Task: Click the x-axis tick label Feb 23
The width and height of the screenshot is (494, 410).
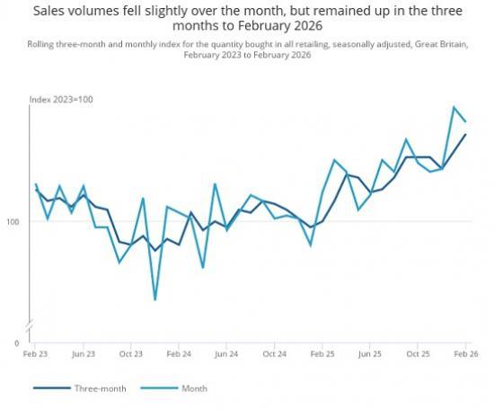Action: [36, 354]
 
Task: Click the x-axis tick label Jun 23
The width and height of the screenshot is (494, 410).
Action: [84, 354]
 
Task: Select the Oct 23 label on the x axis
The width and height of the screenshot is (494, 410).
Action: [131, 354]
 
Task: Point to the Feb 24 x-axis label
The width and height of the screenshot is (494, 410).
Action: [179, 354]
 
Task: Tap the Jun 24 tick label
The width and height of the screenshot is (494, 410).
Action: [227, 354]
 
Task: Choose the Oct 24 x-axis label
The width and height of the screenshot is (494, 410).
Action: [275, 354]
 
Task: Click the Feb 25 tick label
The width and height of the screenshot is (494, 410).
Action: [322, 354]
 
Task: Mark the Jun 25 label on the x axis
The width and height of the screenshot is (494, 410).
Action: [370, 354]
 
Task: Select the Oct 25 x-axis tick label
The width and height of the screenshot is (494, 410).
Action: [418, 354]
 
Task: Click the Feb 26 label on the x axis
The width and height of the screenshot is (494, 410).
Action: [464, 354]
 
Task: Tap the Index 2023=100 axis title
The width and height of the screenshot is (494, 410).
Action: [61, 100]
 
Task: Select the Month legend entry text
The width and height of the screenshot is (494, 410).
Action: [195, 388]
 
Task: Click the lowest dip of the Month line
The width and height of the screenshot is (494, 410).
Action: [155, 299]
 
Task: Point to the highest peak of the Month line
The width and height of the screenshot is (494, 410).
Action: [454, 107]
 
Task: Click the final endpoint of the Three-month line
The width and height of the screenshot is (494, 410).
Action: [465, 134]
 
